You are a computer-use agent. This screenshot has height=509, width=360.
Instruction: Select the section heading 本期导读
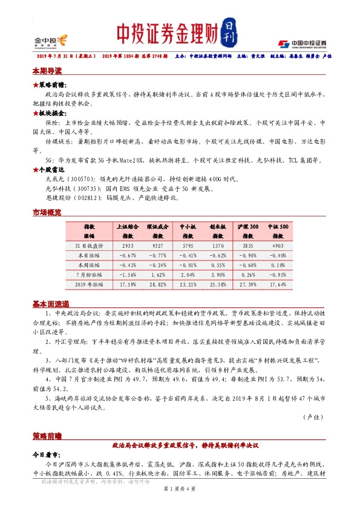pos(47,71)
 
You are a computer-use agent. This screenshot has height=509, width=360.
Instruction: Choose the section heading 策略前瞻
pos(47,435)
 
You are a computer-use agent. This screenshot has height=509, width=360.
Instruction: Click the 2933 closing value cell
pos(128,246)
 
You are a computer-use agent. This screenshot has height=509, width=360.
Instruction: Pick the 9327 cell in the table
pos(157,246)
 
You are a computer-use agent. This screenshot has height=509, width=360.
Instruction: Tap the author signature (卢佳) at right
pos(313,417)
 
